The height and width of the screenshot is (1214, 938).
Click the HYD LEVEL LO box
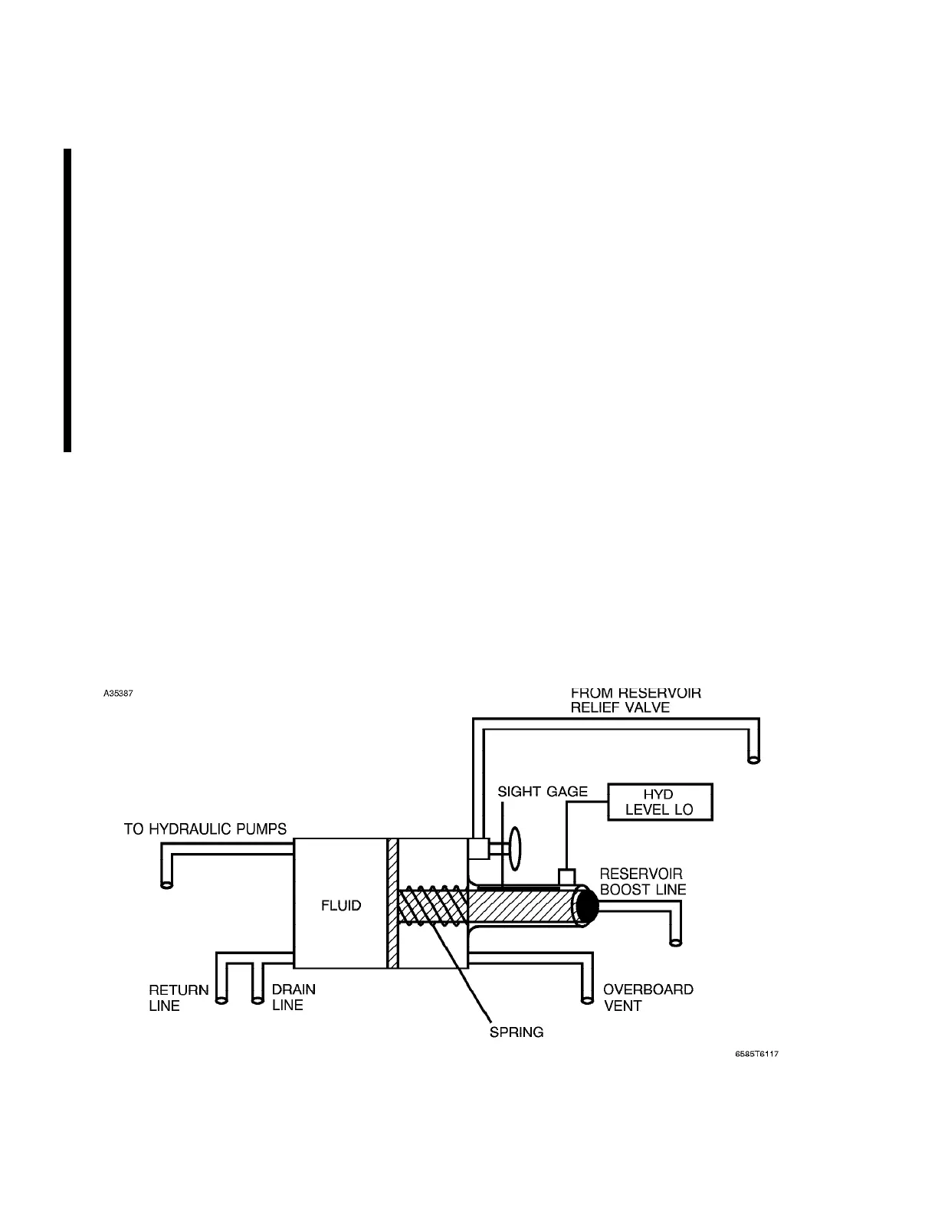click(x=660, y=802)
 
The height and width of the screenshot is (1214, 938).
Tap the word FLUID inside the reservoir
click(x=341, y=905)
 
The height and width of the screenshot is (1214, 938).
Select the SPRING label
click(x=517, y=1032)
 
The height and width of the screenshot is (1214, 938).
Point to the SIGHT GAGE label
click(x=543, y=792)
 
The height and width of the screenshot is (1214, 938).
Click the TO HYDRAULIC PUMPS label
click(x=205, y=828)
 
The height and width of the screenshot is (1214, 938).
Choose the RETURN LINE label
click(x=179, y=997)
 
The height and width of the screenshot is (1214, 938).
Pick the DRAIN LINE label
click(x=294, y=997)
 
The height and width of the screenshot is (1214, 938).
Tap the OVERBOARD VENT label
click(x=648, y=997)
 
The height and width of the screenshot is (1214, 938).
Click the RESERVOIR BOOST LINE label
click(x=642, y=881)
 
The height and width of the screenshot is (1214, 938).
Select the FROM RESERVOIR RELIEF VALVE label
click(x=636, y=700)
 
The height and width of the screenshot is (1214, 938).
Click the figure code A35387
click(x=119, y=695)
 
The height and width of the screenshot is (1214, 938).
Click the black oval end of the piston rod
click(x=587, y=905)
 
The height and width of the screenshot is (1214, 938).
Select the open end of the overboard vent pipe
click(x=586, y=999)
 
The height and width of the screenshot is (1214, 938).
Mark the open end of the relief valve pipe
click(x=753, y=760)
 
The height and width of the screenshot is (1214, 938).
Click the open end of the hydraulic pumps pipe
click(x=166, y=884)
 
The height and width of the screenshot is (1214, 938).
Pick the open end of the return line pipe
click(x=221, y=999)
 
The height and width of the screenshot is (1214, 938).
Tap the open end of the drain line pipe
click(x=257, y=999)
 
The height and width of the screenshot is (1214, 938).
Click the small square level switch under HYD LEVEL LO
click(x=567, y=875)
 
